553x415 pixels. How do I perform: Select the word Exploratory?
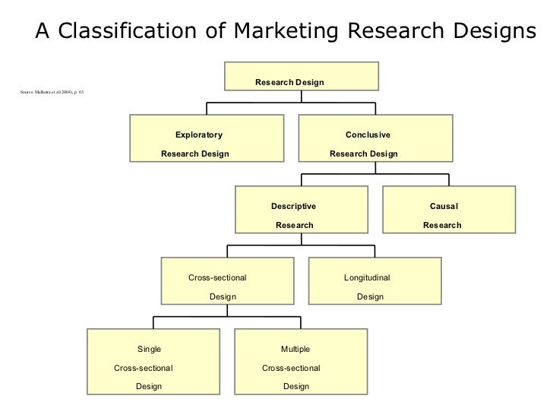pos(199,135)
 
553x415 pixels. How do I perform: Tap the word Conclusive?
pos(368,135)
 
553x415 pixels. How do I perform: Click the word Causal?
pos(444,206)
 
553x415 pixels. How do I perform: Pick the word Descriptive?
pos(293,206)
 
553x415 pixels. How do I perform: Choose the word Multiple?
pos(295,349)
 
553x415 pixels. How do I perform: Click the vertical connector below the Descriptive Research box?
pos(302,239)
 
